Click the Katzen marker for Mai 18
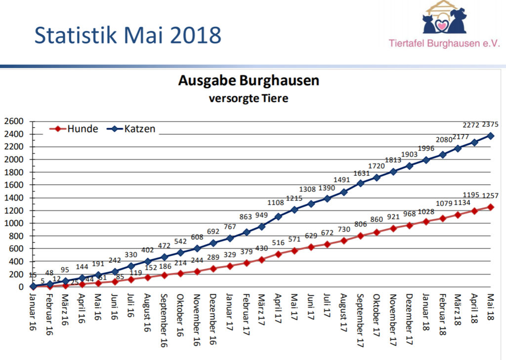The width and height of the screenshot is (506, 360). [x=491, y=136]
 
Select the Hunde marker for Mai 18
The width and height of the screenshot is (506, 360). [x=491, y=207]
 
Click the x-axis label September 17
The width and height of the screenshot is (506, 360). [x=360, y=315]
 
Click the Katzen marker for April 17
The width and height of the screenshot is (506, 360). [x=279, y=216]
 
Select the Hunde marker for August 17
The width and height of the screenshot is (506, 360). [x=344, y=240]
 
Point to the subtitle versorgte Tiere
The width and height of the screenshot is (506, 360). [x=249, y=98]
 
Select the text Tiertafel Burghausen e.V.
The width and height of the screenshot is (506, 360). [x=445, y=43]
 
